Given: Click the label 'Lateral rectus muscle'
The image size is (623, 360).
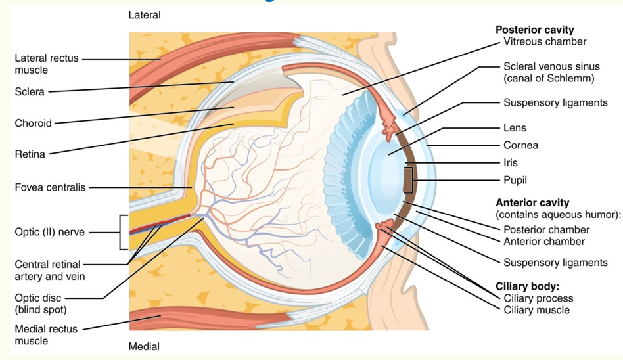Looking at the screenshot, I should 46,64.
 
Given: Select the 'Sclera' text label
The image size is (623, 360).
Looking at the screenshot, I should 30,92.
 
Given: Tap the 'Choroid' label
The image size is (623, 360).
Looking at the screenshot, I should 33,123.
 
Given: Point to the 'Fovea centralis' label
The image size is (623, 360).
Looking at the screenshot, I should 50,187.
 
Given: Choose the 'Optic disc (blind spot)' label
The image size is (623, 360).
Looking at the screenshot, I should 40,304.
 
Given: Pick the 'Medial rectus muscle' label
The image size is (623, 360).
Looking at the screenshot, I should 46,334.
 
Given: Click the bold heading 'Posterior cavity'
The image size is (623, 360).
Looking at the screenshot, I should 534,30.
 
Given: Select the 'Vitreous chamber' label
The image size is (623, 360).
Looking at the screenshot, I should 545,42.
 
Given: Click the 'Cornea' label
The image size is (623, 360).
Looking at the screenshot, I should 520,145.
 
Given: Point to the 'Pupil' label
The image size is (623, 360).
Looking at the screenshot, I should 515,179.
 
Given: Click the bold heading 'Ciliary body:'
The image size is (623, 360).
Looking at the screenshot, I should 527,287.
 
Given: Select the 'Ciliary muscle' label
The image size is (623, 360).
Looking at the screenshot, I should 536,309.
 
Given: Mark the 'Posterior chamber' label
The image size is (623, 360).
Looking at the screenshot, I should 546,229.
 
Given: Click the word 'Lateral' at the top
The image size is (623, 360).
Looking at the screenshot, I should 145,14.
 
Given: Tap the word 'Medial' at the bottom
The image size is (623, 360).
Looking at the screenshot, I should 144,346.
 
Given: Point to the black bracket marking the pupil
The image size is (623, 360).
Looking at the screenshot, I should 409,179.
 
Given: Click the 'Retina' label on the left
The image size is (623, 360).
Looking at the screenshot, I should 30,154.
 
